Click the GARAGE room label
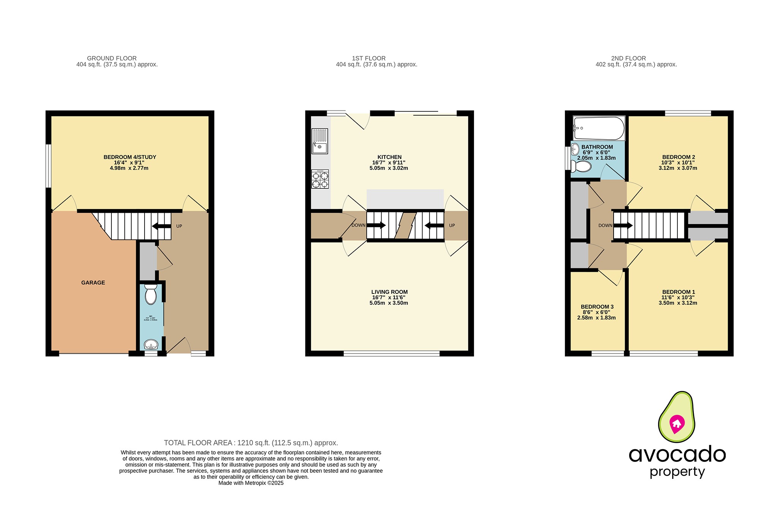pyautogui.click(x=93, y=282)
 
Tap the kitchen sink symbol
pyautogui.click(x=320, y=141)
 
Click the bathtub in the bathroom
pyautogui.click(x=599, y=128)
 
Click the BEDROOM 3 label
pyautogui.click(x=597, y=307)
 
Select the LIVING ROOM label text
pyautogui.click(x=389, y=292)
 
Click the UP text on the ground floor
pyautogui.click(x=179, y=226)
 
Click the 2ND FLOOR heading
pyautogui.click(x=628, y=58)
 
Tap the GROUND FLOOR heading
pyautogui.click(x=112, y=58)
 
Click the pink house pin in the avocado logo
pyautogui.click(x=677, y=423)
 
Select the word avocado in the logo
pyautogui.click(x=677, y=455)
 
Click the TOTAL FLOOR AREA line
pyautogui.click(x=251, y=443)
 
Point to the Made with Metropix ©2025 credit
pyautogui.click(x=251, y=483)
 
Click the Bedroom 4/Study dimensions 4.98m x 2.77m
pyautogui.click(x=129, y=168)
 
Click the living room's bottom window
pyautogui.click(x=391, y=354)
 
